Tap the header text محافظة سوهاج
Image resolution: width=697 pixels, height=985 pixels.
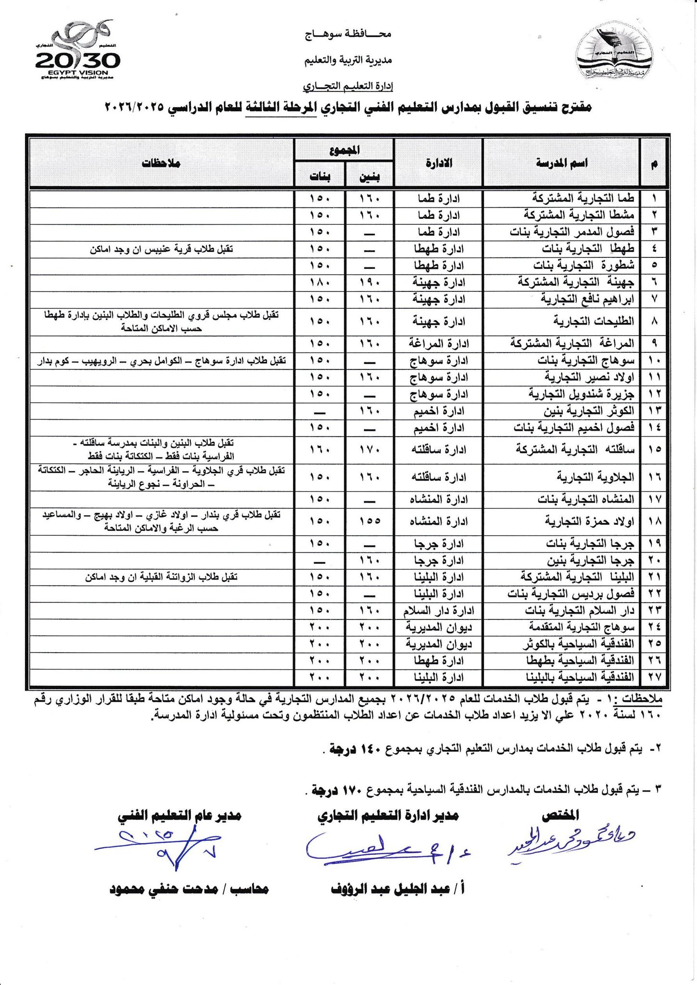click(348, 34)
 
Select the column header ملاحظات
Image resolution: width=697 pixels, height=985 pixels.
click(161, 163)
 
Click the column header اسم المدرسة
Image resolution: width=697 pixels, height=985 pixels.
click(561, 163)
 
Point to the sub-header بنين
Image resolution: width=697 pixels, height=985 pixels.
click(369, 177)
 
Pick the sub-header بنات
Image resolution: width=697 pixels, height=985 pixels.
click(320, 177)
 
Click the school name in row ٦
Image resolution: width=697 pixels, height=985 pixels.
click(576, 282)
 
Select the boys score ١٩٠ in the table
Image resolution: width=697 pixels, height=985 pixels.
click(369, 282)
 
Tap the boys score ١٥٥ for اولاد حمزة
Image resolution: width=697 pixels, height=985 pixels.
click(369, 521)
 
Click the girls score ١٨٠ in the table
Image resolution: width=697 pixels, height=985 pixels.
click(320, 282)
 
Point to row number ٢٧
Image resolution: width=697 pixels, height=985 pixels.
click(654, 677)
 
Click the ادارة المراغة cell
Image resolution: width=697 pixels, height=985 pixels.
click(438, 343)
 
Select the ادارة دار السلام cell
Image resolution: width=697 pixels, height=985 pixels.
click(438, 611)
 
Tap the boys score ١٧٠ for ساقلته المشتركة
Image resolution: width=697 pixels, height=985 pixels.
click(369, 450)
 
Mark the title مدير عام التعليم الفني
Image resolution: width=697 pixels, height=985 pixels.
click(179, 816)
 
